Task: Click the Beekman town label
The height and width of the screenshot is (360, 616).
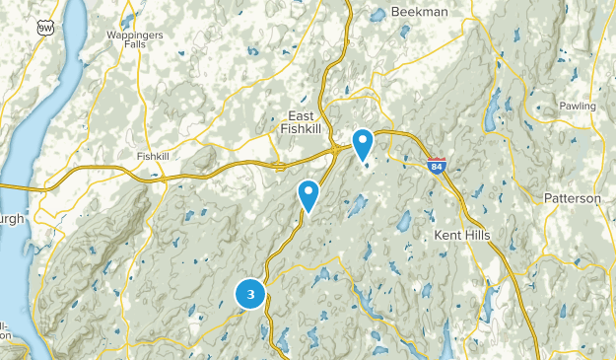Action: (419, 11)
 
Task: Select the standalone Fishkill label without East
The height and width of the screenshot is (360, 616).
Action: (155, 155)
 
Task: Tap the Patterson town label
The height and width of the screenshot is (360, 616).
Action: (572, 198)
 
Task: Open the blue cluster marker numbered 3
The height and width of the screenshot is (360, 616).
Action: (251, 294)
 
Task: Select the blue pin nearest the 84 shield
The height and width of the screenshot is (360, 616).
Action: (363, 144)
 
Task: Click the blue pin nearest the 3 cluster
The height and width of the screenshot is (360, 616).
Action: (309, 195)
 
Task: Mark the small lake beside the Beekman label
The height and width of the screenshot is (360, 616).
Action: (378, 14)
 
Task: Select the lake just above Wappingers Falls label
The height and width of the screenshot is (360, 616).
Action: (128, 18)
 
